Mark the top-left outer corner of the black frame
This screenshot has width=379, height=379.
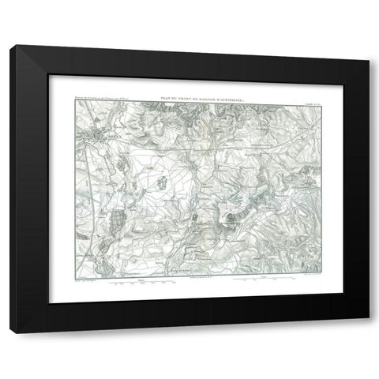coord(10,45)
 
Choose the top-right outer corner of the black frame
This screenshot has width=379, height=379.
coord(369,45)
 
